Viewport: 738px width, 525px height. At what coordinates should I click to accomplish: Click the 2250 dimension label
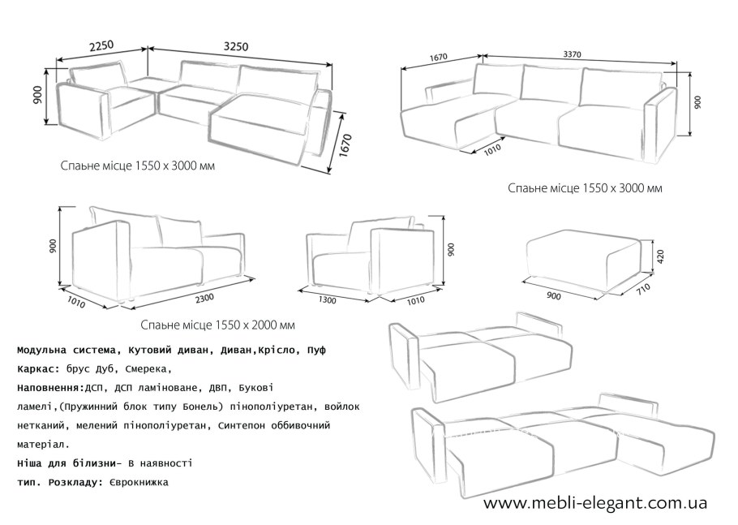point(101,45)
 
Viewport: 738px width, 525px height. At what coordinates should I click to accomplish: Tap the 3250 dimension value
point(235,46)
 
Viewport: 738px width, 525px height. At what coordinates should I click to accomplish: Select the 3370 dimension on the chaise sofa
point(573,54)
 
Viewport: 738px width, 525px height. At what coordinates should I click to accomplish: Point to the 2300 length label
point(204,298)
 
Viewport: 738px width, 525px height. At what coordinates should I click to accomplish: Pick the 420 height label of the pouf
point(659,256)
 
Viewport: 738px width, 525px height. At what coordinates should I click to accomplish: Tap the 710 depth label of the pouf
point(642,288)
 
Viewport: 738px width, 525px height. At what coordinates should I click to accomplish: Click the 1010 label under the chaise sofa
point(492,148)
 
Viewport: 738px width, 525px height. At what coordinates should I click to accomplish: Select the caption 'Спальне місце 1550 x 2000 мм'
point(218,325)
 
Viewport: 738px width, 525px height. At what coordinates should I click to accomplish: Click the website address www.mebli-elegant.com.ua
point(595,502)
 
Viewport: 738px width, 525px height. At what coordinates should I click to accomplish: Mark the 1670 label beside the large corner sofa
point(345,146)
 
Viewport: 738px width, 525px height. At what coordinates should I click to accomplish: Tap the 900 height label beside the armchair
point(451,250)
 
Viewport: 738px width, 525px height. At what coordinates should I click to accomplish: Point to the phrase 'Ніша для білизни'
point(66,463)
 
